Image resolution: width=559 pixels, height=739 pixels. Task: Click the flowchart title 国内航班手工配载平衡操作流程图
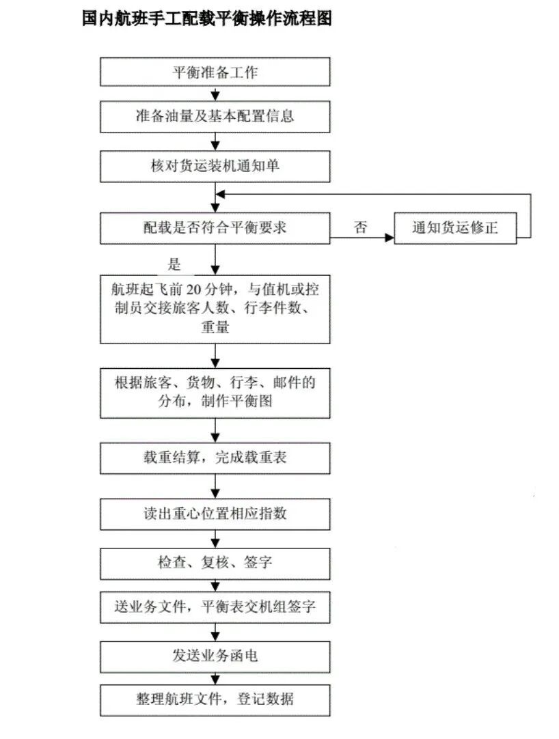point(206,18)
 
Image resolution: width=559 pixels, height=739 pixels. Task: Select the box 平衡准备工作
point(215,72)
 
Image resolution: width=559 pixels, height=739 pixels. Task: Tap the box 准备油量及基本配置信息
point(215,116)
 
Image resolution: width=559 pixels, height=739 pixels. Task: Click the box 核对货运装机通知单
point(215,165)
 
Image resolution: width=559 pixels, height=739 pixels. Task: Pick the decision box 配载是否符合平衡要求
point(215,228)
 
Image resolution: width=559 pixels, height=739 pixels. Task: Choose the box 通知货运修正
point(455,228)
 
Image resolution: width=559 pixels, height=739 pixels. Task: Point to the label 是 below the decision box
point(174,264)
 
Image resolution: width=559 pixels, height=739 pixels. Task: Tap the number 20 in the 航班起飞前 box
point(195,288)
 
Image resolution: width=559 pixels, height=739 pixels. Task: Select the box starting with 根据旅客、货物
point(215,393)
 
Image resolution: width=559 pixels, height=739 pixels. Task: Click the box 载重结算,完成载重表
point(215,458)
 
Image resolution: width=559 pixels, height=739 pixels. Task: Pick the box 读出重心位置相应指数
point(215,514)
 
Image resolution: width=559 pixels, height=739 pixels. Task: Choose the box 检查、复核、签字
point(215,563)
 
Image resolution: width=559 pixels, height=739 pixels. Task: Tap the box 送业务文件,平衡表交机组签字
point(215,606)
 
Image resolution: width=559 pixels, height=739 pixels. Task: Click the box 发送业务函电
point(215,656)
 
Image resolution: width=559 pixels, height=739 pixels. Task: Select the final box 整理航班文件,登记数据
point(215,699)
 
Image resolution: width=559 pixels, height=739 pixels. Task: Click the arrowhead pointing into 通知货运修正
point(390,238)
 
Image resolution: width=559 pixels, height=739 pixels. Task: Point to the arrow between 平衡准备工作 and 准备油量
point(215,94)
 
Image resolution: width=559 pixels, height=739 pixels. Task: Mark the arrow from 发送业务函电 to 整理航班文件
point(215,678)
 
